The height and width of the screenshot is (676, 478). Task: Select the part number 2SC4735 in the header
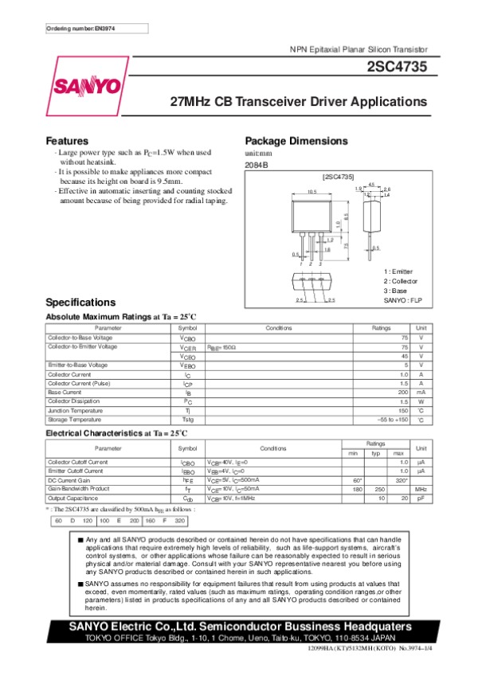400,68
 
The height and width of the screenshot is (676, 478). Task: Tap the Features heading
67,140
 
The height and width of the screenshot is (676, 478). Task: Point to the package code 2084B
257,164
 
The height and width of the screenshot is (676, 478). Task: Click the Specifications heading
81,303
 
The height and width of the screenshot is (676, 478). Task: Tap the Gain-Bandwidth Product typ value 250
379,489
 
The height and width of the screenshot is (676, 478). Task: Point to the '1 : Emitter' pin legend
398,272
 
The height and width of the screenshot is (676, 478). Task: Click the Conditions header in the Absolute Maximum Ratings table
279,328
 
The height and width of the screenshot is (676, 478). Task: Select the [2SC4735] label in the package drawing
338,174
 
